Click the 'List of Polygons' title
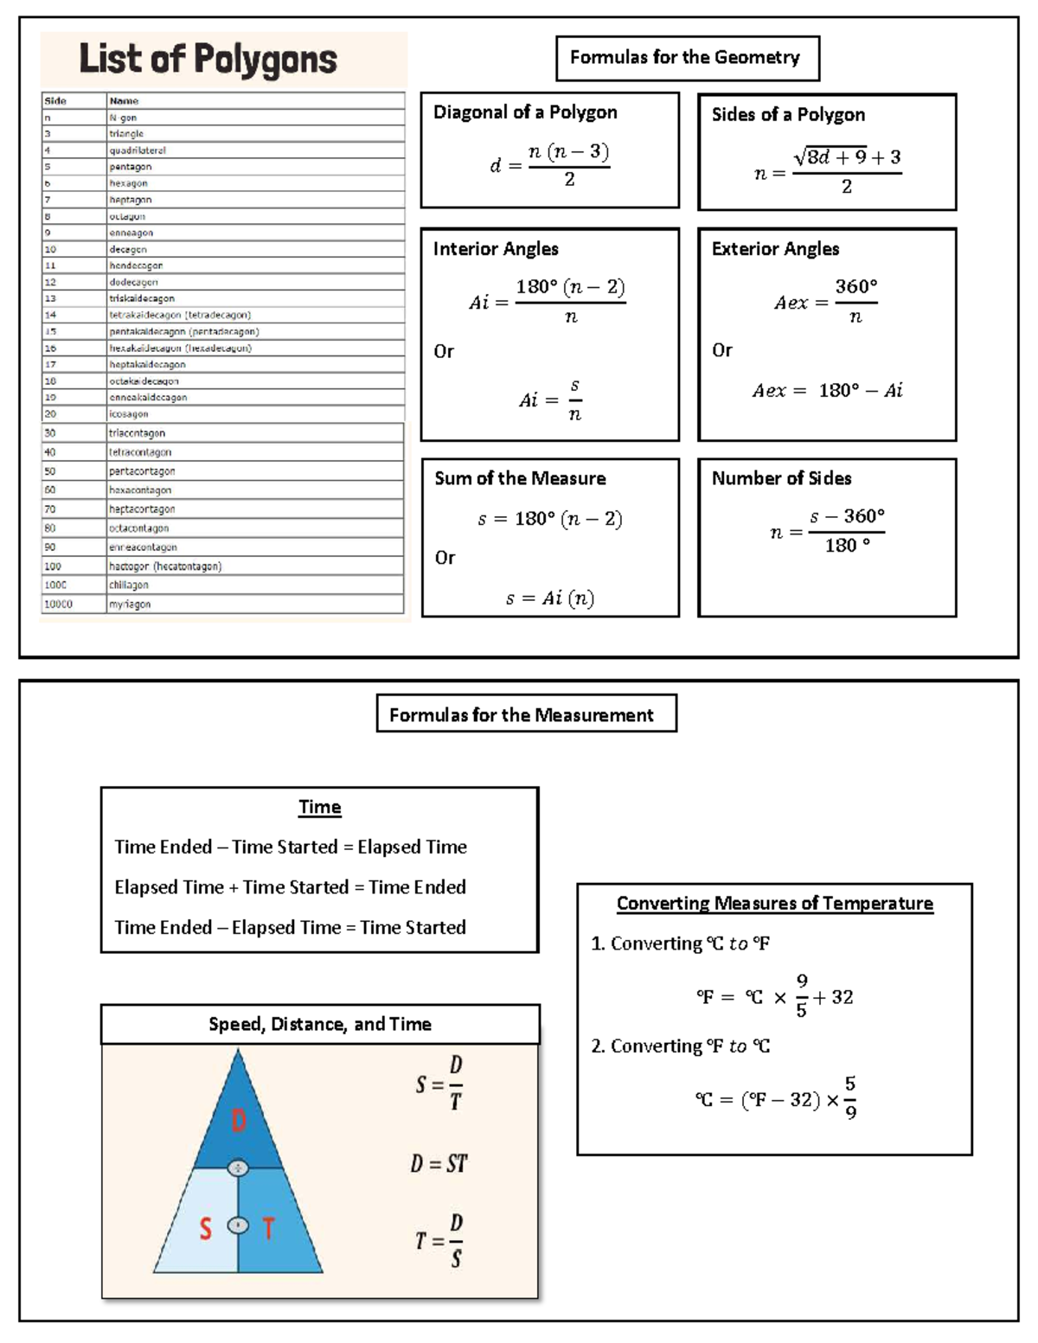point(208,59)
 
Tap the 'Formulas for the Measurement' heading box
point(525,714)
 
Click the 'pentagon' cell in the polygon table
point(131,167)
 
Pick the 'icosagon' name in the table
point(129,414)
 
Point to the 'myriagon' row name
point(130,604)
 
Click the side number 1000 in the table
point(55,585)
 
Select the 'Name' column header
point(125,101)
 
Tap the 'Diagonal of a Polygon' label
point(525,112)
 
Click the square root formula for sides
point(828,170)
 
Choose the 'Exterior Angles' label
point(775,249)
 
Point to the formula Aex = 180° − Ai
point(827,391)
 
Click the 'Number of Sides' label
point(781,478)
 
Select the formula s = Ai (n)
point(550,598)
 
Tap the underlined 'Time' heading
point(320,807)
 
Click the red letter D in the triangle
point(239,1122)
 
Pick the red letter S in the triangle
point(205,1228)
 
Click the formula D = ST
point(439,1164)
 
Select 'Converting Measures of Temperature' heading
point(774,904)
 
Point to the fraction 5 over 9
point(850,1097)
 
